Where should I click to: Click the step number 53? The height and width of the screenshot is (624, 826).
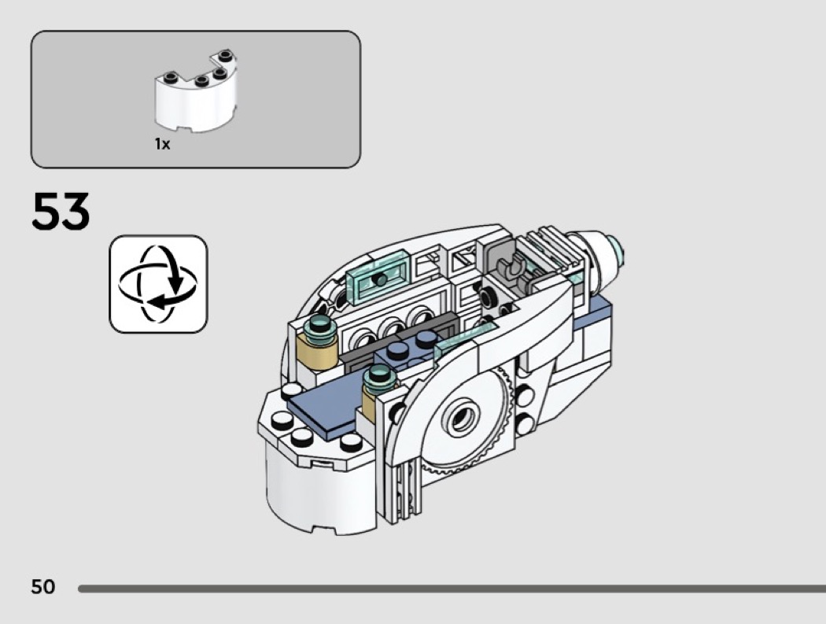(x=61, y=212)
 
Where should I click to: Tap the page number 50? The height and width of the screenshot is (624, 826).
(x=43, y=586)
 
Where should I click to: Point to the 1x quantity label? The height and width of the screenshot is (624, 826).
(x=162, y=144)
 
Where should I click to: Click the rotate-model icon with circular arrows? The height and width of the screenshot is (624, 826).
(x=158, y=283)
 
